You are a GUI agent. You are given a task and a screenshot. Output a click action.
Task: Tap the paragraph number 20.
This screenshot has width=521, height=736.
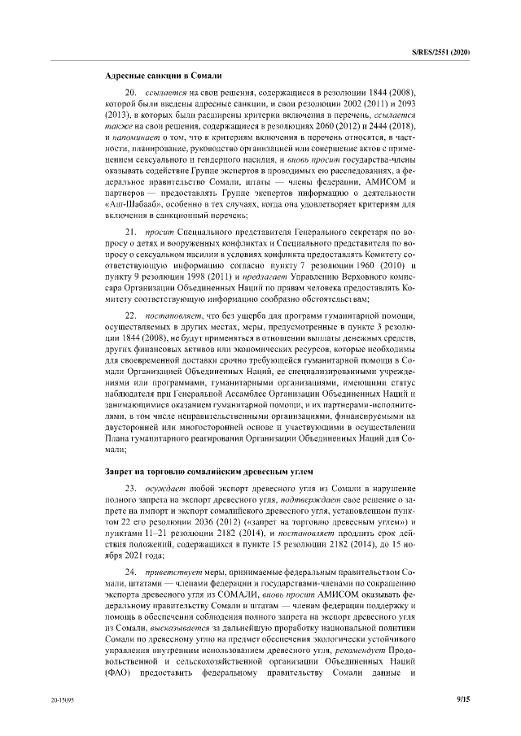[129, 95]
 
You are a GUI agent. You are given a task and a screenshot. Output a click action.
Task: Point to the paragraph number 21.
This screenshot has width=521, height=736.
[129, 233]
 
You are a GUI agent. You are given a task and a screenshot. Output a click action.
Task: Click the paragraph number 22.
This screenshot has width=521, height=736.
[129, 313]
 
